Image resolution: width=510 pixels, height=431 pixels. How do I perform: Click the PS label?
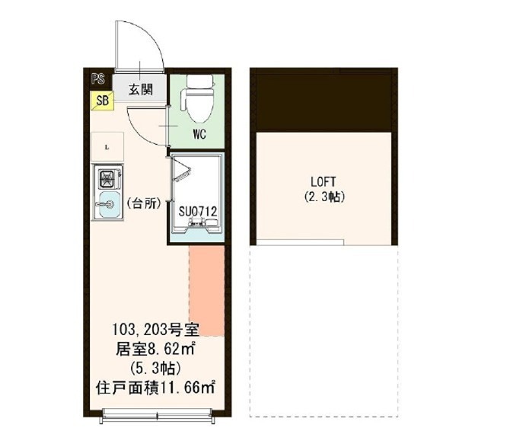[97, 77]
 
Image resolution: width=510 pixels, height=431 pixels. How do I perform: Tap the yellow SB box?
[102, 100]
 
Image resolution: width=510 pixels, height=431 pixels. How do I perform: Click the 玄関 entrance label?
[139, 89]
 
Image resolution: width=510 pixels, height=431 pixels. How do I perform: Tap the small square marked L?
[107, 146]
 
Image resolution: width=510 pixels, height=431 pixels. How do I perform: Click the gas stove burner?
[106, 180]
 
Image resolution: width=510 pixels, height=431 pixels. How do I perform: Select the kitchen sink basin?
[107, 204]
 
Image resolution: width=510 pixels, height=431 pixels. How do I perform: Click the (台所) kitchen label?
[143, 203]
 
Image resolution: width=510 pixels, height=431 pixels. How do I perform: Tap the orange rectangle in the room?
[207, 289]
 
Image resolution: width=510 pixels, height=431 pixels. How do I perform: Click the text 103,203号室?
[157, 331]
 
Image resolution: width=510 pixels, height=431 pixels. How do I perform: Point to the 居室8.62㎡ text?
[156, 350]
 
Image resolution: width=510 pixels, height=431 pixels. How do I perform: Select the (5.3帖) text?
[155, 369]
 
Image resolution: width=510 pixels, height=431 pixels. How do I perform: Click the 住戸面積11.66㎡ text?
[156, 388]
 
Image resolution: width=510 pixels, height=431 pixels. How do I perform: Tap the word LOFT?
[324, 182]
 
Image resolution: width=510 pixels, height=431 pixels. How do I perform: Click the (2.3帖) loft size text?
[324, 197]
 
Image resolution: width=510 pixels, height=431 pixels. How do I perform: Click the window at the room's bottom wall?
[157, 414]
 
